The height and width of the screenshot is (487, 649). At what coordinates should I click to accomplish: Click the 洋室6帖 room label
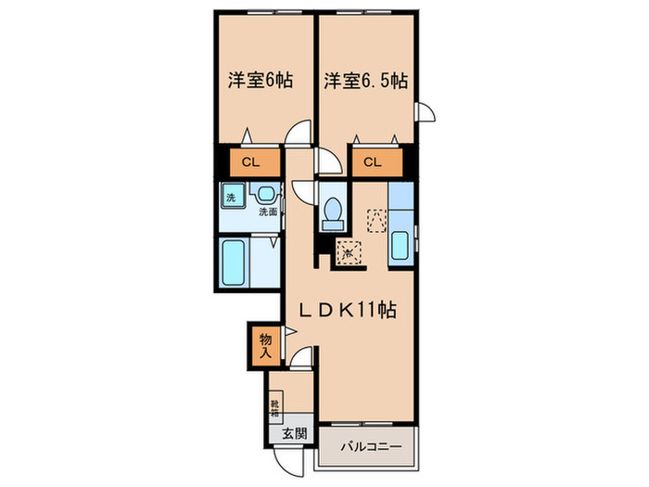(261, 81)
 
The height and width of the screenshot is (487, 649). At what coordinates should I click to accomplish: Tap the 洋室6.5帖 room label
(365, 81)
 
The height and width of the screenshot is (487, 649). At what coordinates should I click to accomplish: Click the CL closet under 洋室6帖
(249, 163)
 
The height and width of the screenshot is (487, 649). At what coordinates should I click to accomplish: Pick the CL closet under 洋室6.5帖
(373, 163)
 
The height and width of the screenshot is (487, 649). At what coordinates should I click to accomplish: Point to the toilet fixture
(331, 213)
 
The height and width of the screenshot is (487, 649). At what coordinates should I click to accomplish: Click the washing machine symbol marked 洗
(231, 198)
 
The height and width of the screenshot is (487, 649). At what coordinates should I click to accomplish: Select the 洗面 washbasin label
(268, 212)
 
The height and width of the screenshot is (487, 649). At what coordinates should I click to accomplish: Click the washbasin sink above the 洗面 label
(266, 195)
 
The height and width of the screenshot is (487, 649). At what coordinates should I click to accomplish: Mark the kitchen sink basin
(400, 247)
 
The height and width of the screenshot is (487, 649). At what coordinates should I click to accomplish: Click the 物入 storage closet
(264, 345)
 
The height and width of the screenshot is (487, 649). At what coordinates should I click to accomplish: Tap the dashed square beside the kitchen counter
(375, 220)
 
